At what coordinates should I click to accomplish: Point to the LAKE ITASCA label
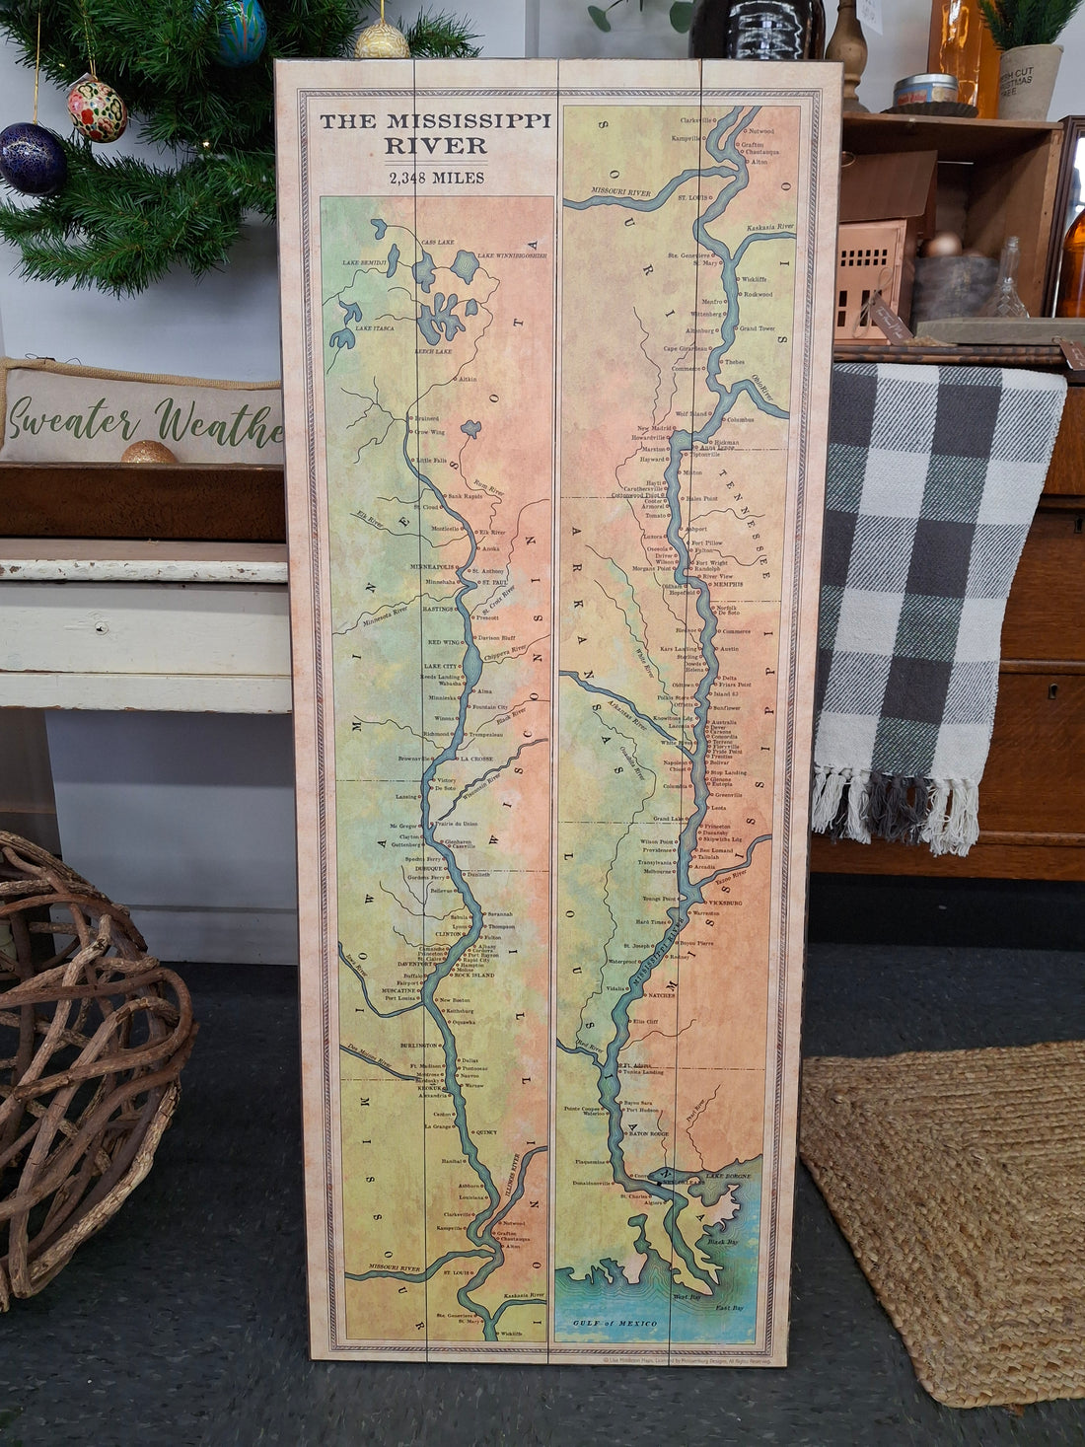click(374, 327)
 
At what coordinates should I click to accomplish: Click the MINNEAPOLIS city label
click(433, 567)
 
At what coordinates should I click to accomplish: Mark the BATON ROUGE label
click(646, 1134)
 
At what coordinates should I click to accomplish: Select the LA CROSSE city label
click(474, 759)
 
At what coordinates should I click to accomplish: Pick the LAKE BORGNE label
click(728, 1177)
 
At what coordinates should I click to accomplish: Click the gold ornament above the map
click(382, 40)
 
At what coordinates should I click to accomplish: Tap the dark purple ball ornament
click(33, 158)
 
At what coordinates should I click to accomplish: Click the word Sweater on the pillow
click(73, 422)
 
